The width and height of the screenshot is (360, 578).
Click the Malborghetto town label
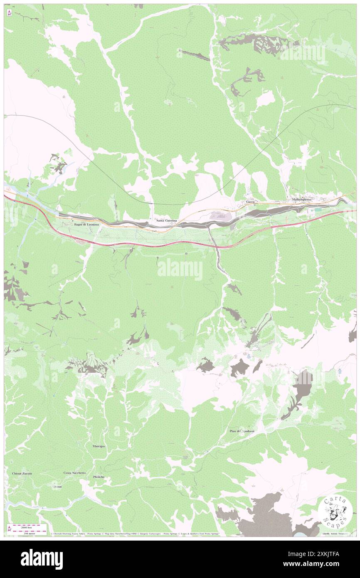pyautogui.click(x=301, y=200)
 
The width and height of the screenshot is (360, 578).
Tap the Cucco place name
pyautogui.click(x=250, y=202)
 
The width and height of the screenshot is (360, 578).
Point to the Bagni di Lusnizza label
pyautogui.click(x=86, y=225)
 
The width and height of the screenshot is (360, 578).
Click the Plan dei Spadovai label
pyautogui.click(x=242, y=431)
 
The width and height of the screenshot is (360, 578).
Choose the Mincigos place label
pyautogui.click(x=99, y=446)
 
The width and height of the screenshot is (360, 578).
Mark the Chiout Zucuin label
pyautogui.click(x=20, y=474)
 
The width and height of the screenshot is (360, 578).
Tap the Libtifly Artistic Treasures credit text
pyautogui.click(x=336, y=534)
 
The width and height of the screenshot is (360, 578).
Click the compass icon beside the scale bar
pyautogui.click(x=9, y=529)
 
